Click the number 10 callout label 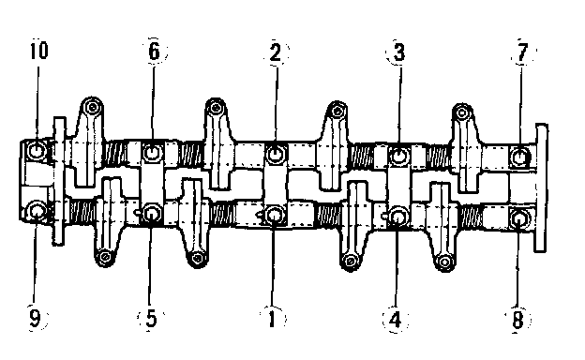pyautogui.click(x=39, y=51)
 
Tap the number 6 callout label pyautogui.click(x=154, y=52)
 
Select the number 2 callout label pyautogui.click(x=276, y=52)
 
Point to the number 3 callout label pyautogui.click(x=399, y=52)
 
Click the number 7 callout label pyautogui.click(x=522, y=52)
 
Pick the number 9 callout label pyautogui.click(x=35, y=319)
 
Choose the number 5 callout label pyautogui.click(x=151, y=319)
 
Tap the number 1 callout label pyautogui.click(x=273, y=319)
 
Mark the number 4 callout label pyautogui.click(x=395, y=320)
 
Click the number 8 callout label pyautogui.click(x=517, y=320)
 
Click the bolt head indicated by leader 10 pyautogui.click(x=37, y=151)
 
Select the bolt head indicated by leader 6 pyautogui.click(x=152, y=152)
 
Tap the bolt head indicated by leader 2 pyautogui.click(x=275, y=154)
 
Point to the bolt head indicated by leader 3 pyautogui.click(x=398, y=156)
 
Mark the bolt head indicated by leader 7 pyautogui.click(x=519, y=157)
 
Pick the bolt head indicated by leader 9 pyautogui.click(x=37, y=211)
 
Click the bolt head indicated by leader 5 pyautogui.click(x=152, y=214)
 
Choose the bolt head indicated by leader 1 pyautogui.click(x=274, y=215)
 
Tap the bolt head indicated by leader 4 pyautogui.click(x=397, y=217)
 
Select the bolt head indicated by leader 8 pyautogui.click(x=518, y=219)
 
